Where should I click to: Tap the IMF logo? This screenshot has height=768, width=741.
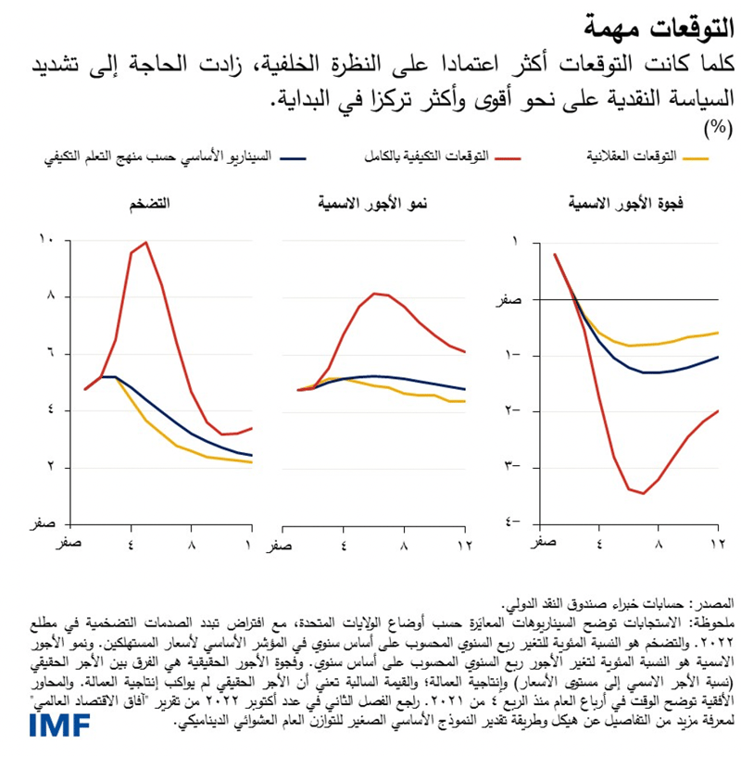[58, 724]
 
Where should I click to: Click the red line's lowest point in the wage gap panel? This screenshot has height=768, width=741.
[643, 493]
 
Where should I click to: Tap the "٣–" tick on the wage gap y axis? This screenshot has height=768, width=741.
[511, 467]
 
